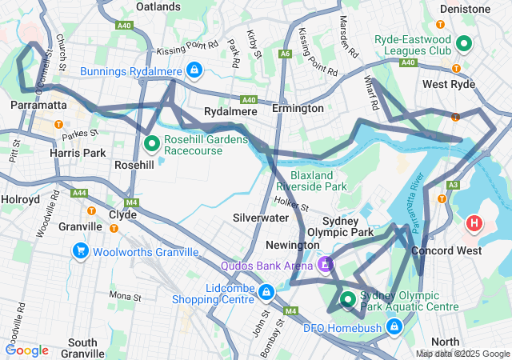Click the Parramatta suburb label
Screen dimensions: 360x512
coord(38,106)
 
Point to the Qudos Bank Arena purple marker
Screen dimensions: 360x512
coord(325,264)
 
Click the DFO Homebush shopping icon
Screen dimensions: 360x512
coord(394,326)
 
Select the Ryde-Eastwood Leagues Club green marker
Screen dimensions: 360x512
coord(464,43)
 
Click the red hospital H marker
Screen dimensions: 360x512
coord(474,222)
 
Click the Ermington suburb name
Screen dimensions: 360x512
coord(298,108)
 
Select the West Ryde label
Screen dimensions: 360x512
coord(449,84)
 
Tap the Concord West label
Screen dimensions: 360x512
coord(446,250)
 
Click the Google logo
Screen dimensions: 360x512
coord(27,350)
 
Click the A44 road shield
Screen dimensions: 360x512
coord(79,193)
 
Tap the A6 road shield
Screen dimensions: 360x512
coord(285,54)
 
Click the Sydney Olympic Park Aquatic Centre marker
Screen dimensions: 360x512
coord(348,300)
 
